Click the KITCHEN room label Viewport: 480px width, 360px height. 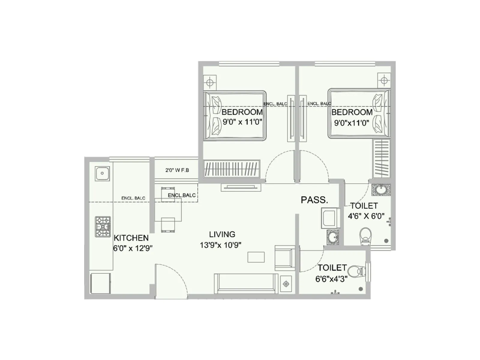point(131,238)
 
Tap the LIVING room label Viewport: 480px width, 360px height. point(222,234)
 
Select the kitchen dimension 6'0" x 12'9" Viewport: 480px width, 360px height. point(133,248)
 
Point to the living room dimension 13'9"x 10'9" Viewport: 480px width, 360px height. point(220,245)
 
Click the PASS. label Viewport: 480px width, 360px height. point(314,200)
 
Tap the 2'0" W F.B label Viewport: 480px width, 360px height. point(177,170)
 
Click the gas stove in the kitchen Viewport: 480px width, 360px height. point(103,226)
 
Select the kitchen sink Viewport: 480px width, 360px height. point(102,173)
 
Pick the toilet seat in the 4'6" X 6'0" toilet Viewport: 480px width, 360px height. point(365,235)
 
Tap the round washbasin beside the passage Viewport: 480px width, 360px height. point(332,237)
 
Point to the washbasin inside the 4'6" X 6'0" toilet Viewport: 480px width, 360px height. point(381,190)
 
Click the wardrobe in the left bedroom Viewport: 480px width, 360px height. point(232,168)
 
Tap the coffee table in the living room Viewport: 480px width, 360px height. point(256,257)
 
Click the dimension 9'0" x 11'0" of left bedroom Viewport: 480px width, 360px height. point(242,122)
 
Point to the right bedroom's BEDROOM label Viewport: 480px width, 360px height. point(352,112)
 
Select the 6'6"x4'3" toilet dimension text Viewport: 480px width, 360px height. point(331,279)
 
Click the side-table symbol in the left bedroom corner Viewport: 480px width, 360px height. point(210,82)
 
